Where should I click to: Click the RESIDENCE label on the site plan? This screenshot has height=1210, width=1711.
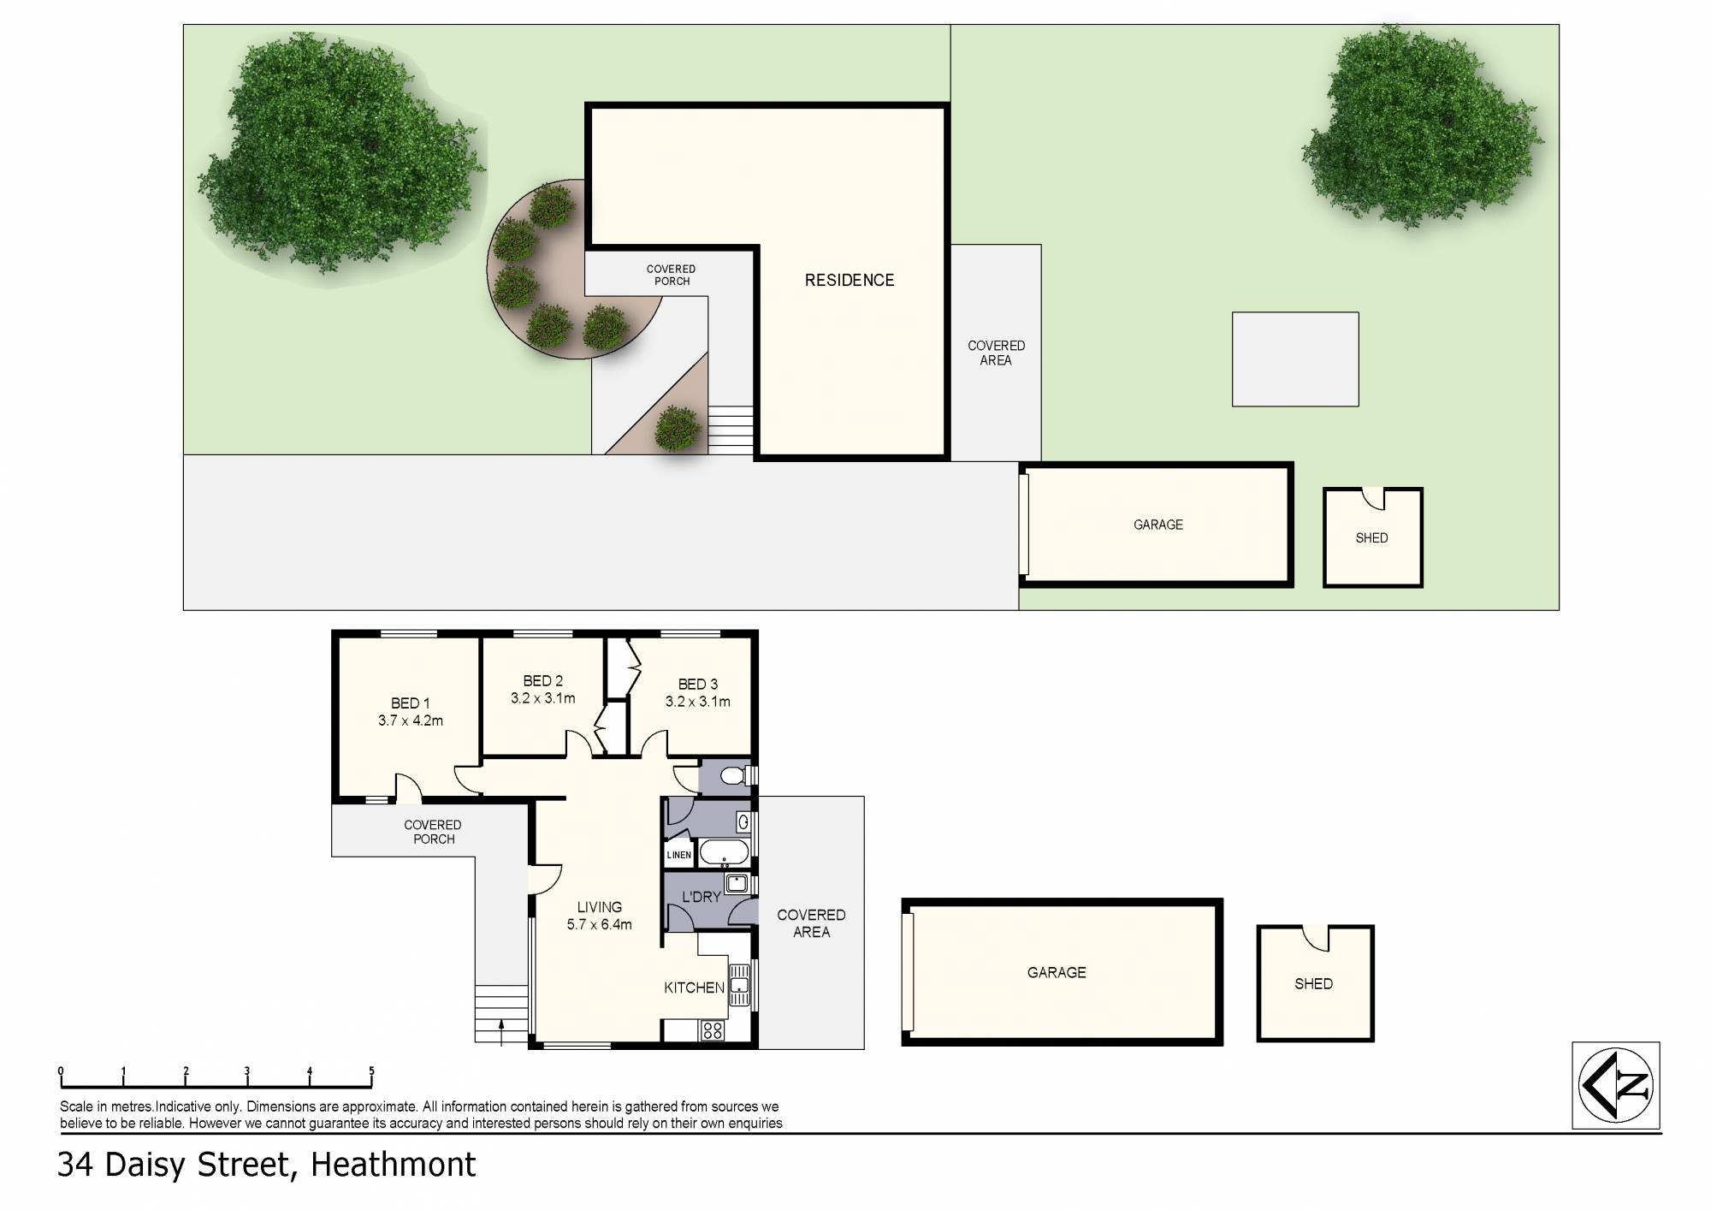point(849,280)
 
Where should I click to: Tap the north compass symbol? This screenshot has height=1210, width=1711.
point(1615,1085)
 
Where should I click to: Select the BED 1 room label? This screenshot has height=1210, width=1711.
point(410,703)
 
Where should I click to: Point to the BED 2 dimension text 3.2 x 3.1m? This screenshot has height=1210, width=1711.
point(542,698)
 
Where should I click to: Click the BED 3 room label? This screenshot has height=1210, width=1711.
point(697,684)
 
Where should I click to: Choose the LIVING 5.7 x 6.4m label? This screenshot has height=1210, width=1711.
point(599,916)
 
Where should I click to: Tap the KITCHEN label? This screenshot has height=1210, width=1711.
point(694,988)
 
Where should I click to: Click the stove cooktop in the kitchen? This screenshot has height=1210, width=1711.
point(713,1030)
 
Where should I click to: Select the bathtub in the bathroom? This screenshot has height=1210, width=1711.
point(724,852)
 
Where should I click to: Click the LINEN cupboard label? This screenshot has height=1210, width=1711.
point(678,855)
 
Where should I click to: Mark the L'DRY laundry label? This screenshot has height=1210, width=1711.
point(701,897)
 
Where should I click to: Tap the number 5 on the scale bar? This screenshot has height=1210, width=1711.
point(371,1071)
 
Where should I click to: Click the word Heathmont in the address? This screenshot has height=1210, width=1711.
point(393,1165)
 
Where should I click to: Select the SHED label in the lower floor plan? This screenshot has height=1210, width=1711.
point(1313,984)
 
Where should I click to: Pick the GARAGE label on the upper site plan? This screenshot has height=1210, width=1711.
point(1157,525)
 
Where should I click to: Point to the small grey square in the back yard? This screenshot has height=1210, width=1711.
point(1294,359)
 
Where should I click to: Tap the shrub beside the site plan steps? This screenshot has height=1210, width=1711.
point(678,428)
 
